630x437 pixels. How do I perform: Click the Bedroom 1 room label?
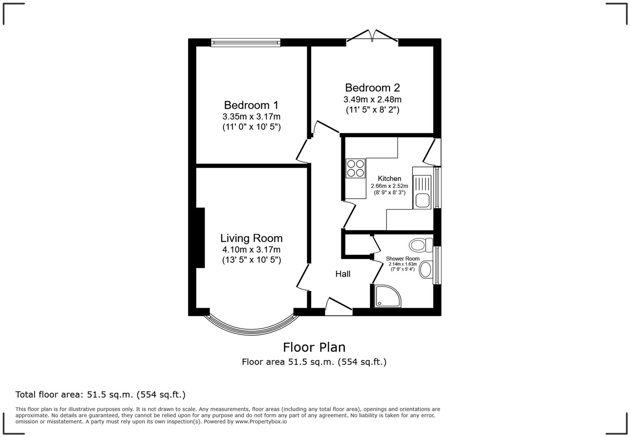click(x=251, y=105)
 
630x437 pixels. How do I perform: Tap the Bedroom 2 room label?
click(x=372, y=88)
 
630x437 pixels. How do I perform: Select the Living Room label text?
click(x=251, y=238)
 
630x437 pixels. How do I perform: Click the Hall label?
click(x=342, y=274)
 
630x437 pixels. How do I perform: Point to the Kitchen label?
click(x=389, y=178)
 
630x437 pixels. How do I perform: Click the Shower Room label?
click(x=402, y=259)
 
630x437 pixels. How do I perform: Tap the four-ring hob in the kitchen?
click(x=355, y=168)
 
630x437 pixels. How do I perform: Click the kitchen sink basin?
click(x=422, y=200)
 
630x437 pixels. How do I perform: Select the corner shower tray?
click(x=387, y=296)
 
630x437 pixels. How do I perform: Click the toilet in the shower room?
click(x=420, y=245)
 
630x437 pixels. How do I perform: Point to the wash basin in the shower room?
click(x=425, y=269)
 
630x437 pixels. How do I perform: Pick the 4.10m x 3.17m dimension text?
click(x=251, y=250)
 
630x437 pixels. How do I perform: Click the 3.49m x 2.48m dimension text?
click(x=372, y=100)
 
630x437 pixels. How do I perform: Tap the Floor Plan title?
click(x=314, y=347)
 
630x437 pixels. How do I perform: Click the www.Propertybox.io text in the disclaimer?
click(x=261, y=422)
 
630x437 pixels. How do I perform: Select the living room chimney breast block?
click(x=200, y=238)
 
